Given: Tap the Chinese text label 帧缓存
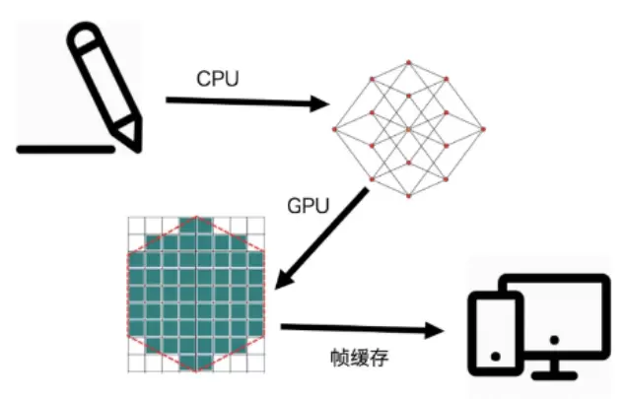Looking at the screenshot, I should (x=359, y=356).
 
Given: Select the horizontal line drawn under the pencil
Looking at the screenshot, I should (x=65, y=150).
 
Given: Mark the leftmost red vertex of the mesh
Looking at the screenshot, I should (x=335, y=128).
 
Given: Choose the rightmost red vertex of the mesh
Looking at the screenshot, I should (x=482, y=128).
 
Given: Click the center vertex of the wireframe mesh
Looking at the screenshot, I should (x=408, y=128).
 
